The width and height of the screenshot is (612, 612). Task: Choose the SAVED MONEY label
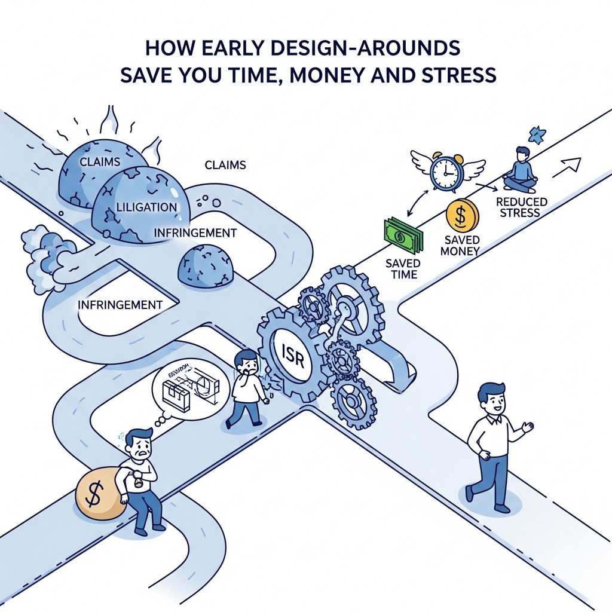coord(460,245)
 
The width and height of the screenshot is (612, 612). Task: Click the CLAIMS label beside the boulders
coord(225,164)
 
